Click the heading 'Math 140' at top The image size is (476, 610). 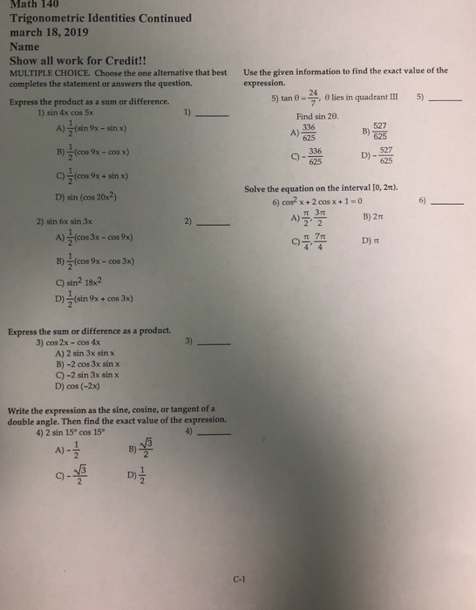[x=31, y=4]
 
